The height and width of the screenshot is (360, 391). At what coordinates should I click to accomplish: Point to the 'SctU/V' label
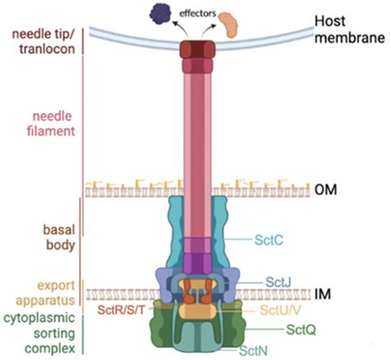(x=280, y=310)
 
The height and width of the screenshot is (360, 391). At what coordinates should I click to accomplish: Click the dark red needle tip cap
(x=197, y=49)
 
